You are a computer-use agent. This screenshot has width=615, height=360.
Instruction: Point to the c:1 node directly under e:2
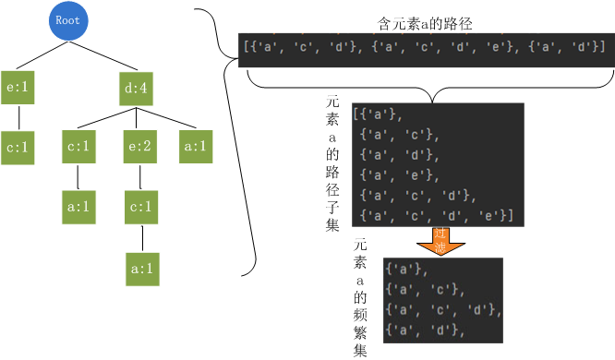point(141,207)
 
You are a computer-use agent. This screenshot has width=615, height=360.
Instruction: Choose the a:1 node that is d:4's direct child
point(197,146)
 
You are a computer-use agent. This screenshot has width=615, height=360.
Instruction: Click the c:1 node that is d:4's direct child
point(78,146)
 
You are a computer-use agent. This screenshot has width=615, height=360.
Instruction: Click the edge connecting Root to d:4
point(103,52)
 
